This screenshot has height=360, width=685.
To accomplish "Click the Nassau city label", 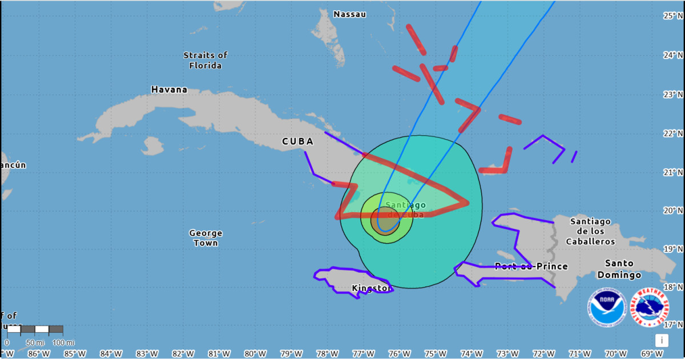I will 349,14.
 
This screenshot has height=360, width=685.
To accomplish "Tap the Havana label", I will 169,90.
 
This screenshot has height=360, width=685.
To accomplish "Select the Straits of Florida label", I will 205,60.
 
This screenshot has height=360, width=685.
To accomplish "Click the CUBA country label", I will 297,141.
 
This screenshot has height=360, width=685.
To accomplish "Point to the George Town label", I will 205,238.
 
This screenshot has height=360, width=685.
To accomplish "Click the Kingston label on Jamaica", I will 371,288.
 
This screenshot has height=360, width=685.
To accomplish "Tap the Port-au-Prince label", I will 531,266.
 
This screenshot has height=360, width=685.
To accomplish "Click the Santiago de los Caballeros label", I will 590,231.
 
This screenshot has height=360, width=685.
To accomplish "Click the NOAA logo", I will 607,307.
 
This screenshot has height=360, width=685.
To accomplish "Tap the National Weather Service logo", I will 651,307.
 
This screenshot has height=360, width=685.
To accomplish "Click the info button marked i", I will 662,340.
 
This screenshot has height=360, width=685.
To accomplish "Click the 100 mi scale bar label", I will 63,342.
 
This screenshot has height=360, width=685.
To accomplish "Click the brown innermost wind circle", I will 385,221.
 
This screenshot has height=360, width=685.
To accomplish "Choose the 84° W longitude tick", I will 107,353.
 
